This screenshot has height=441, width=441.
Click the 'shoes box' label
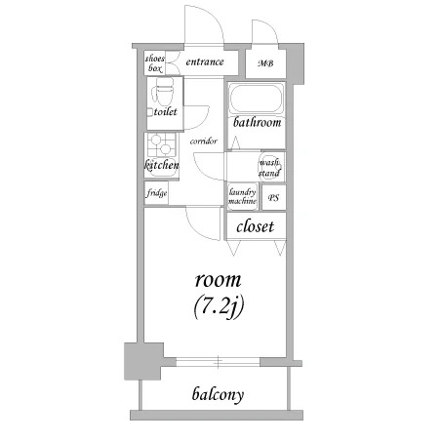pos(155,63)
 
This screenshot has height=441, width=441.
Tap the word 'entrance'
pos(205,61)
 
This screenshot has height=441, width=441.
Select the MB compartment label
pos(265,63)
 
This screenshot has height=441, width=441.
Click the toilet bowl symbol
pos(163,91)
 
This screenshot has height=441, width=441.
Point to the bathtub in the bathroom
pos(257,99)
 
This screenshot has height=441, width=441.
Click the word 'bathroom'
pos(257,122)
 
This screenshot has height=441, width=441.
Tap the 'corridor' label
pos(204,141)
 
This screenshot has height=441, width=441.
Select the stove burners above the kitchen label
pos(161,144)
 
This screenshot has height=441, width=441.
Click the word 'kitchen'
pos(162,165)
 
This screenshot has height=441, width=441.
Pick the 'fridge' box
pos(156,193)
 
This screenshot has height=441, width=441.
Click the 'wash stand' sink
pos(269,167)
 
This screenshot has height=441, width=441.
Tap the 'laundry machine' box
pos(243,196)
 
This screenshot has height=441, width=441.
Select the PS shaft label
pos(273,198)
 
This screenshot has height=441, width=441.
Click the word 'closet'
pos(255,226)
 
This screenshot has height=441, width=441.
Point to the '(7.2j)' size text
pos(219,306)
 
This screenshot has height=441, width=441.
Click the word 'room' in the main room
pos(219,280)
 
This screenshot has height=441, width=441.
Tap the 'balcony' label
pos(218,394)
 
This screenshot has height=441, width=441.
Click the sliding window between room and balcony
pos(218,362)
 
